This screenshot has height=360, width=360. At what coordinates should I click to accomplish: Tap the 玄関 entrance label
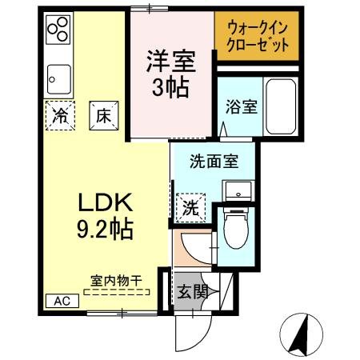click(194, 292)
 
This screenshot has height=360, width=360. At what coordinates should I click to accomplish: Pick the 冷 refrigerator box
click(60, 114)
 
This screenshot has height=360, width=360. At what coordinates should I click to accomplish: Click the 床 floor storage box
click(103, 114)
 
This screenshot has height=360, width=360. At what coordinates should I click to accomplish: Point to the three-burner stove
click(58, 32)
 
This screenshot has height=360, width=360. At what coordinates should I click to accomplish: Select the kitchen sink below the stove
click(58, 78)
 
